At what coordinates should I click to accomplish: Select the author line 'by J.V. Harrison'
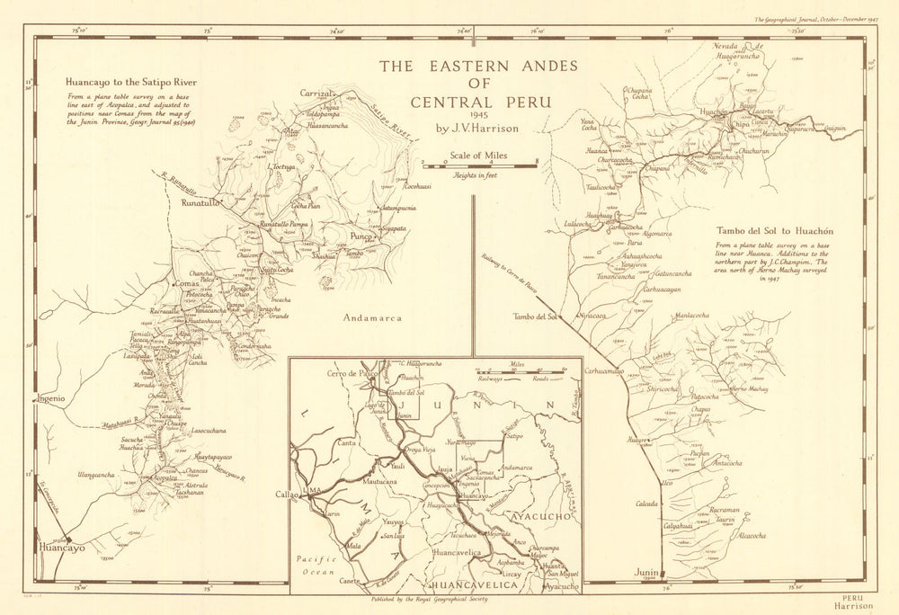[477, 129]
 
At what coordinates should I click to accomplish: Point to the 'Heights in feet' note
[477, 174]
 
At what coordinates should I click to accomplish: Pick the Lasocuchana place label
[214, 431]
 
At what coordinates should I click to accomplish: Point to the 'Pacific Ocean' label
[316, 565]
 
